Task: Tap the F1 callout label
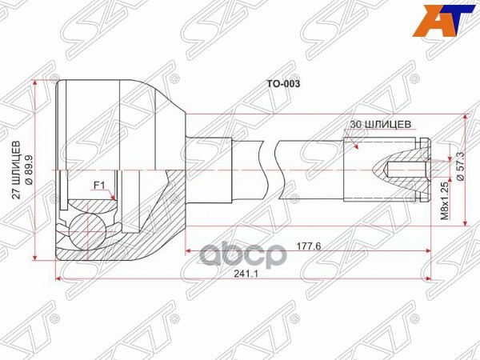[100, 186]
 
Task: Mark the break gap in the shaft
[270, 168]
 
